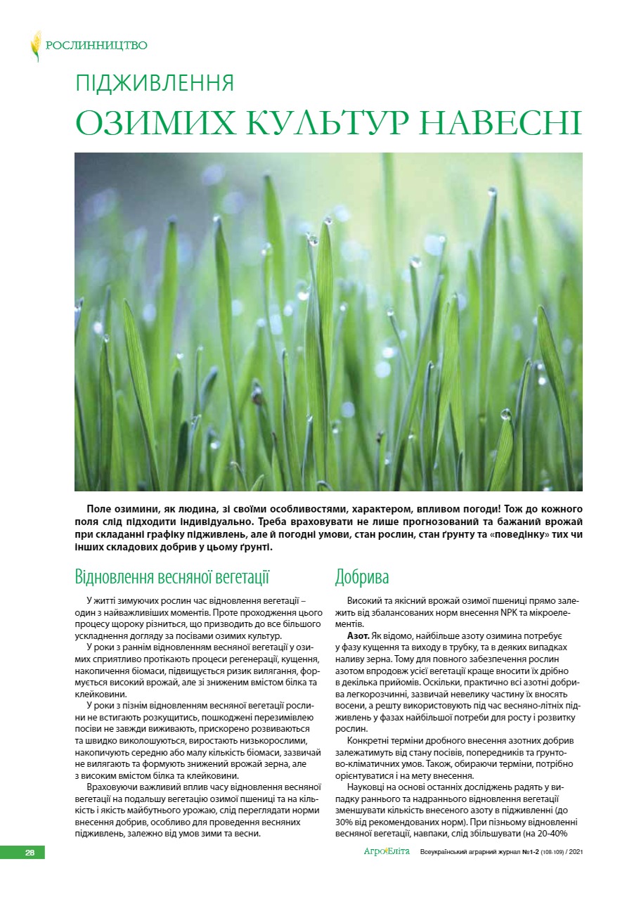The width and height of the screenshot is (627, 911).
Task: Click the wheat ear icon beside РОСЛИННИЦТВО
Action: pos(35,46)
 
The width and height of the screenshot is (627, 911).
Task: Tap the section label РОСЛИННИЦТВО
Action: pos(96,46)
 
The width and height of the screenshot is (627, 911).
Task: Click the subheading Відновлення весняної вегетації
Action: pos(172,578)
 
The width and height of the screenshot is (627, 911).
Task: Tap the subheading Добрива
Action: pos(362,578)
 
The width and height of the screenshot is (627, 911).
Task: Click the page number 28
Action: pos(30,852)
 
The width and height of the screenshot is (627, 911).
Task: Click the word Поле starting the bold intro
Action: pos(99,508)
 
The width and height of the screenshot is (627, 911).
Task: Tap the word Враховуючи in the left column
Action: pos(110,788)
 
